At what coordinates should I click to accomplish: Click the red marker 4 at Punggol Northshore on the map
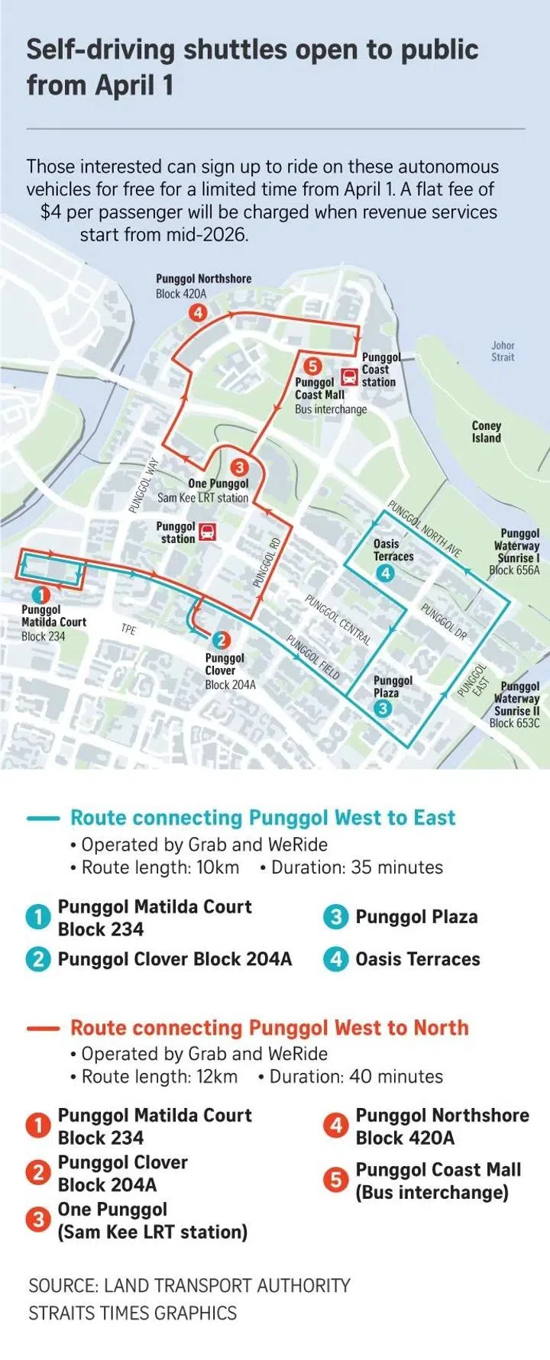(x=198, y=312)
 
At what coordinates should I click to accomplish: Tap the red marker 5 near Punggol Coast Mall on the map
(x=312, y=366)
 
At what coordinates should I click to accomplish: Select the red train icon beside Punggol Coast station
(x=349, y=376)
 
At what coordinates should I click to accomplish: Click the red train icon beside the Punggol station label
(x=207, y=532)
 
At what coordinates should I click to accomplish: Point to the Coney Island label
(x=486, y=432)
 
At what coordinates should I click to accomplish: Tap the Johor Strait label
(x=503, y=351)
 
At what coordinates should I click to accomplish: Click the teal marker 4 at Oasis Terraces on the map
(x=385, y=573)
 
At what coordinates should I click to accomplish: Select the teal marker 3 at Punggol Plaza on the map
(x=383, y=709)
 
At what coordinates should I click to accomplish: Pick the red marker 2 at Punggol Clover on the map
(x=220, y=641)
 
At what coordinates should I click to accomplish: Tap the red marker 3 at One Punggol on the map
(x=239, y=467)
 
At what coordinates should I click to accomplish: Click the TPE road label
(x=128, y=629)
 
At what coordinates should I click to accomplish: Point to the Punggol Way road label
(x=144, y=485)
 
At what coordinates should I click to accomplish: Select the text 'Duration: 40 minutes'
(x=356, y=1077)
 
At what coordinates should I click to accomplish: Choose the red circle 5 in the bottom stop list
(x=335, y=1181)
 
